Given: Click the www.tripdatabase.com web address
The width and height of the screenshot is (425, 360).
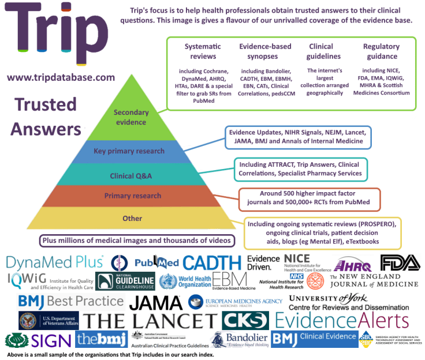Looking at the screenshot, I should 61,77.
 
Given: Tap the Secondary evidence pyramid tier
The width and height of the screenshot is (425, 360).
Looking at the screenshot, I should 131,117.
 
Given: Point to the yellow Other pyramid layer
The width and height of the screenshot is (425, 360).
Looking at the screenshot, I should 132,219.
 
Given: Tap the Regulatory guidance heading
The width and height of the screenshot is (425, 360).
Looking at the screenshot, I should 381,51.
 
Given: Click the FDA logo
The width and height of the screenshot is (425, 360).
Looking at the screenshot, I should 400,262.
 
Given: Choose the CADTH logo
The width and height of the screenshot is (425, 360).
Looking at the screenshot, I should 212,263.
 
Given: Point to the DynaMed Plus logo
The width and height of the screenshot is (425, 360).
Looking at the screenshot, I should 55,262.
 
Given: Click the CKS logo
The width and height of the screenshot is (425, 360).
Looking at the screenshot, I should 245,321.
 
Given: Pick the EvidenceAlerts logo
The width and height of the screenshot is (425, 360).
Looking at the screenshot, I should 341,321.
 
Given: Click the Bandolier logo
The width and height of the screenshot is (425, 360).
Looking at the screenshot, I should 238,339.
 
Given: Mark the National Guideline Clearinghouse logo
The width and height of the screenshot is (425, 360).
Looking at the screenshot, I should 126,282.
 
